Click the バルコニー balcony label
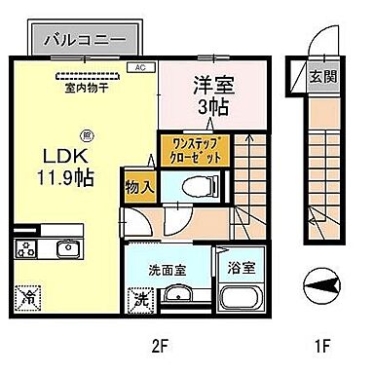pyautogui.click(x=90, y=41)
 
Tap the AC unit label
pyautogui.click(x=139, y=68)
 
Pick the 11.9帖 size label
pyautogui.click(x=54, y=179)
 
